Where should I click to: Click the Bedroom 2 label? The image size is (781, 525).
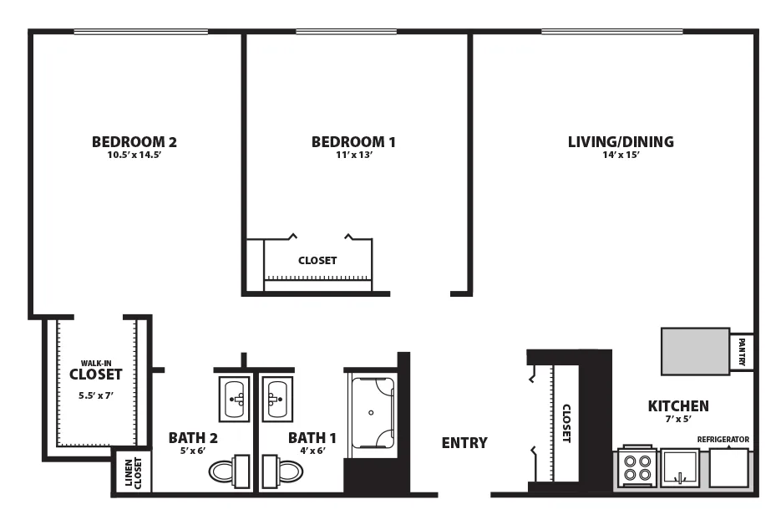134,142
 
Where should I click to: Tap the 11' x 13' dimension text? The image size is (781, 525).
354,155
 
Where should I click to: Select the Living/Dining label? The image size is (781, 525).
621,141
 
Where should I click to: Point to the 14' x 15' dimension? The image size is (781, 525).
621,155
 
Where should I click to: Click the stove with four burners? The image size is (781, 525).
637,466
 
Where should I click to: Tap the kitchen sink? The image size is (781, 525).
680,467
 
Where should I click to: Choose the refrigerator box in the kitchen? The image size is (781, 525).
728,467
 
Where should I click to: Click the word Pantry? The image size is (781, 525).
742,352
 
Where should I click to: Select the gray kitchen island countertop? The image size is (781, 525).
695,351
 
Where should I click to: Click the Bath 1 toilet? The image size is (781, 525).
282,471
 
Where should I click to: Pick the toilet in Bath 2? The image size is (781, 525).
229,471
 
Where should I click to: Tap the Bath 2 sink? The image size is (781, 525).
234,399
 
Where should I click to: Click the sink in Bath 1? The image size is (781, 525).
277,399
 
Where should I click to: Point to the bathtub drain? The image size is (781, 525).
371,413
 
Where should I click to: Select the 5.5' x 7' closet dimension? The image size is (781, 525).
95,395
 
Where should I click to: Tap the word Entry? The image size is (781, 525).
464,443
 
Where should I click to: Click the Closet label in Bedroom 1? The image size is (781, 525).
317,260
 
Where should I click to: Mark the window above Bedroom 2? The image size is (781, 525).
141,32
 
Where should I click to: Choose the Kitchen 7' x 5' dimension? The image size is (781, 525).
678,420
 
